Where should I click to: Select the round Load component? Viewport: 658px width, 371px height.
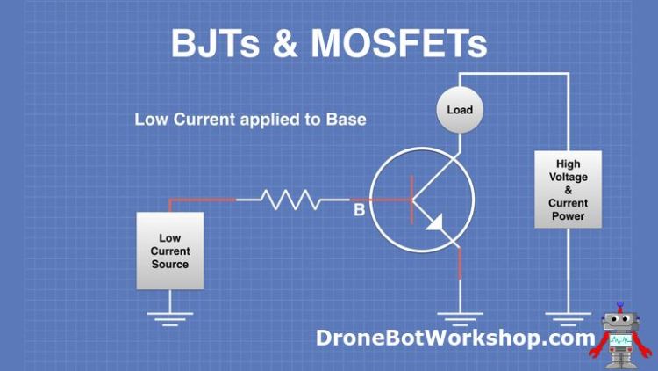[459, 111]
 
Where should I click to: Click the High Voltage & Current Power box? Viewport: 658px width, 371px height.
[568, 190]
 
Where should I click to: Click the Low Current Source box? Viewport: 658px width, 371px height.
[169, 251]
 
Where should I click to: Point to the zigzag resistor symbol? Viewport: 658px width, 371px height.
[289, 200]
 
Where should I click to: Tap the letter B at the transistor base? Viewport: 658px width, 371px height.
[358, 211]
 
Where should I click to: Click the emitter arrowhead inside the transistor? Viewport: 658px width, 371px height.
[435, 225]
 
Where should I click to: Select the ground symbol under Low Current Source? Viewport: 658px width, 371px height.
[169, 318]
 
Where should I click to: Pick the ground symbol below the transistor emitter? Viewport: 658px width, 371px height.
[459, 318]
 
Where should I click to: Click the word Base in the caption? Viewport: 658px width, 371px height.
[347, 119]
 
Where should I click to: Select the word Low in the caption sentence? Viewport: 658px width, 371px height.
[149, 119]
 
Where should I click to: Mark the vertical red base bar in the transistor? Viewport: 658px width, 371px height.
[411, 200]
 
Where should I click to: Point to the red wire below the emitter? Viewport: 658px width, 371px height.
[459, 262]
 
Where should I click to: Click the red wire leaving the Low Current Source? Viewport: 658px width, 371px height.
[202, 200]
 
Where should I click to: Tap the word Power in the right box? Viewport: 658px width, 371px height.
[568, 216]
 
